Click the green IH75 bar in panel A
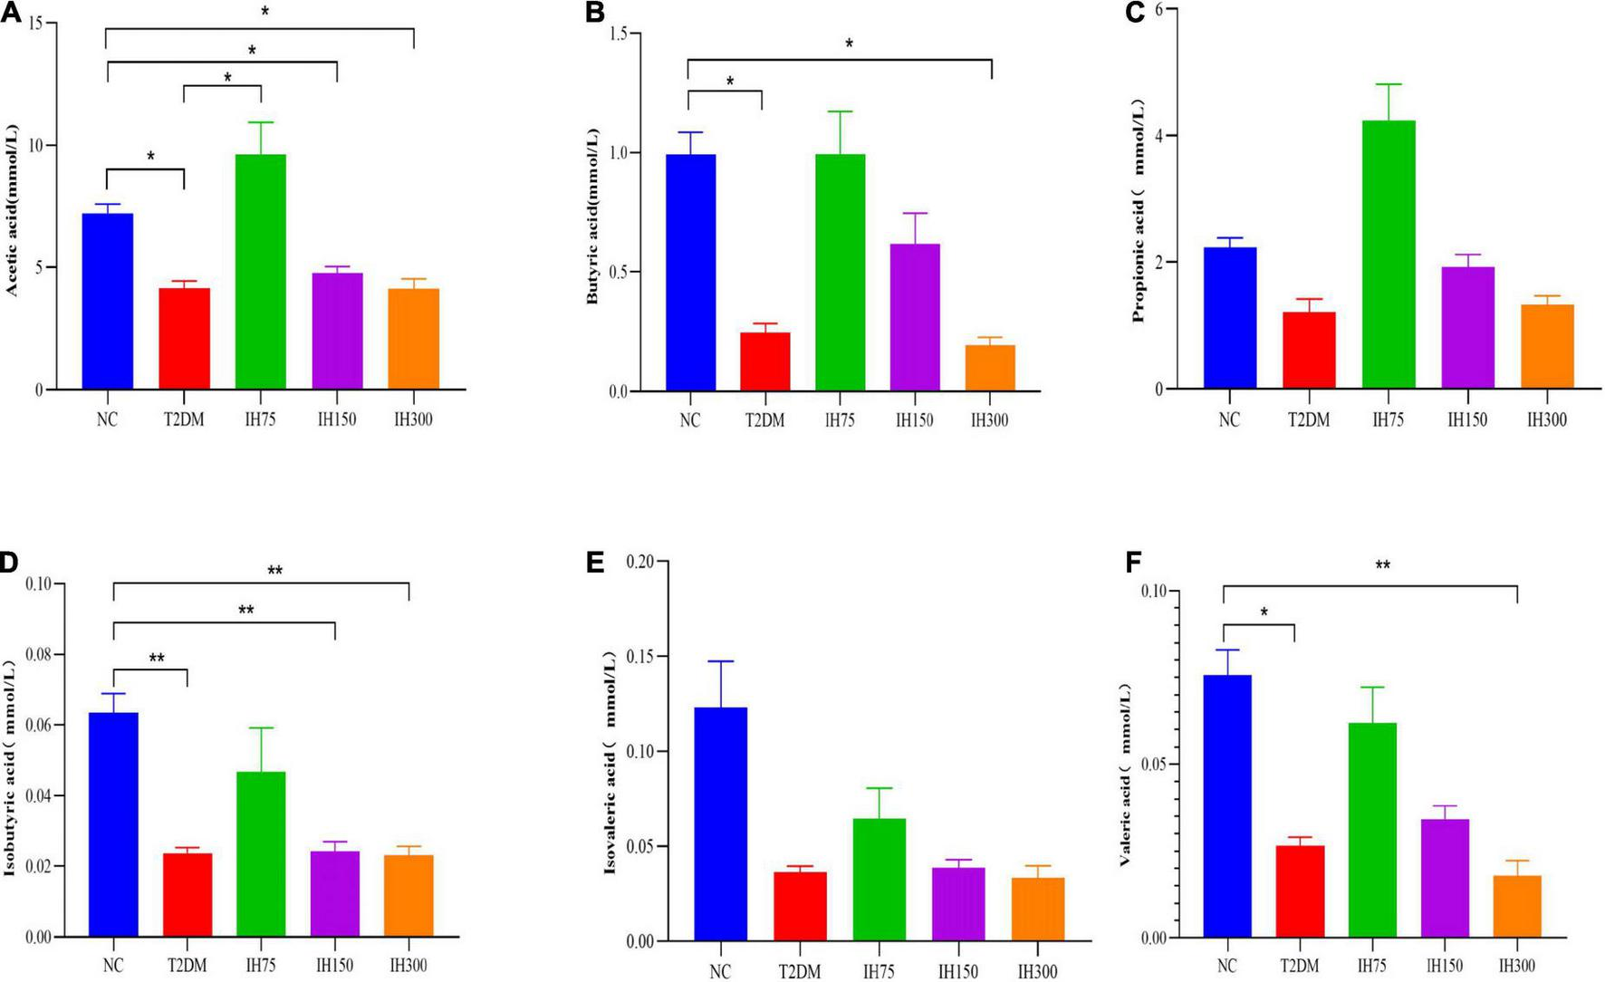point(261,272)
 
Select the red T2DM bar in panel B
point(764,361)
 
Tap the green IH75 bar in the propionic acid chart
point(1389,255)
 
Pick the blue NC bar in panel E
point(721,823)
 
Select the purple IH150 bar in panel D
point(335,893)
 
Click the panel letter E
point(595,563)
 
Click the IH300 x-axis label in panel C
point(1546,420)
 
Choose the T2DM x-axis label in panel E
point(800,971)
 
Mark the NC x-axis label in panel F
point(1227,966)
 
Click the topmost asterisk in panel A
point(264,12)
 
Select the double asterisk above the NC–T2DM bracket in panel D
point(156,658)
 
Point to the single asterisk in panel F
point(1264,612)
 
